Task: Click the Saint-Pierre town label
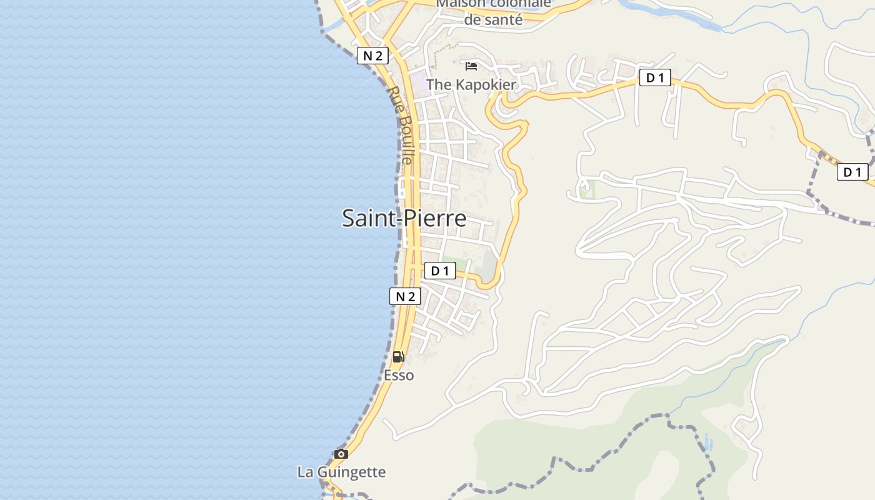click(x=404, y=218)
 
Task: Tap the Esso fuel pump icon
click(x=398, y=357)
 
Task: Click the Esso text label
click(x=399, y=375)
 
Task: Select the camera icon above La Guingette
click(x=341, y=454)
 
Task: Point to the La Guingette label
click(x=341, y=472)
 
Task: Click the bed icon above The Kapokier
click(x=471, y=66)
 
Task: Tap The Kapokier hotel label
click(x=471, y=84)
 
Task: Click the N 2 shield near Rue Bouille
click(x=372, y=56)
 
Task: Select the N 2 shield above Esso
click(x=405, y=296)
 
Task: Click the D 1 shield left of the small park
click(x=440, y=271)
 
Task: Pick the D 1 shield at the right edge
click(x=852, y=172)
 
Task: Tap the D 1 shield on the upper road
click(x=654, y=78)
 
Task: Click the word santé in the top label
click(x=502, y=20)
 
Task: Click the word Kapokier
click(x=486, y=84)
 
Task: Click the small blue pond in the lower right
click(x=708, y=442)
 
